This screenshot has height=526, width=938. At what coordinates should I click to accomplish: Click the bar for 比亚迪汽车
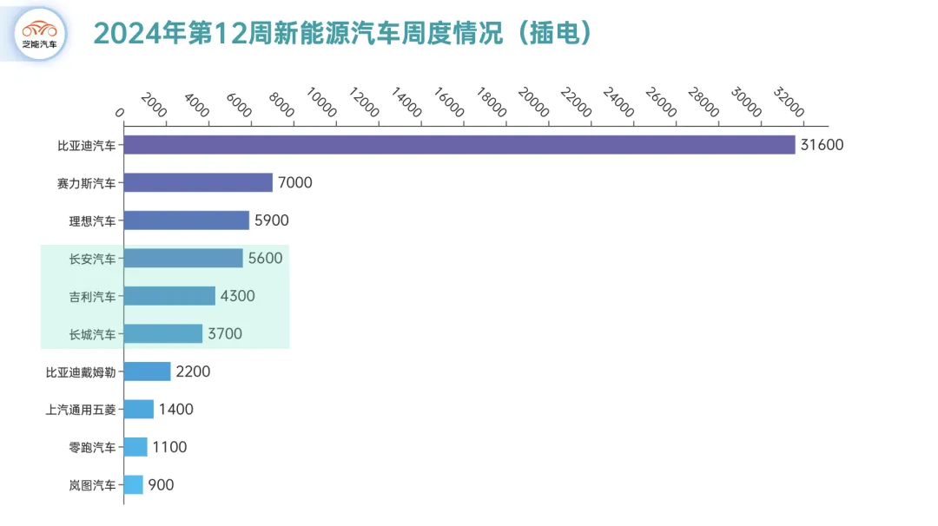pos(459,145)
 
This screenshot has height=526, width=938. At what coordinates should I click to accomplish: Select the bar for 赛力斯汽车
pos(198,182)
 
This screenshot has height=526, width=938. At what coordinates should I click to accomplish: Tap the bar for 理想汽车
pos(186,220)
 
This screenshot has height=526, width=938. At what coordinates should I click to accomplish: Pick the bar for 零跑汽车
pos(135,447)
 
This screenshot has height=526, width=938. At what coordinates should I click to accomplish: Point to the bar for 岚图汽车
pos(133,484)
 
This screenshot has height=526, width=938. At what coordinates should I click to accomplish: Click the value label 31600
pos(822,145)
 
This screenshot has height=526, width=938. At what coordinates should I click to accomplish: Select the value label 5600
pos(265,258)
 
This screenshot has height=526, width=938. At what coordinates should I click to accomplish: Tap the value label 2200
pos(193,371)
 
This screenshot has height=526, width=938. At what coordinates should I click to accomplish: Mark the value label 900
pos(161,484)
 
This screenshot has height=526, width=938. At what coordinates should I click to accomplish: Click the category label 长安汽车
pos(92,259)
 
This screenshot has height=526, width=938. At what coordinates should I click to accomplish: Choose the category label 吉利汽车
pos(92,296)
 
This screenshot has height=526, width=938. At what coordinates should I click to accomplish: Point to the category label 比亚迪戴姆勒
pos(81,371)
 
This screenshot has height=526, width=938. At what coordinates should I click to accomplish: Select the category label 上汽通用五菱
pos(81,410)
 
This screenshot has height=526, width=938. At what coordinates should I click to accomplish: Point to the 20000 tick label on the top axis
pos(534,103)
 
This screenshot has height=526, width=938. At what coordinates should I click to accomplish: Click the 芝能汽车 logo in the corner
pos(41,34)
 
